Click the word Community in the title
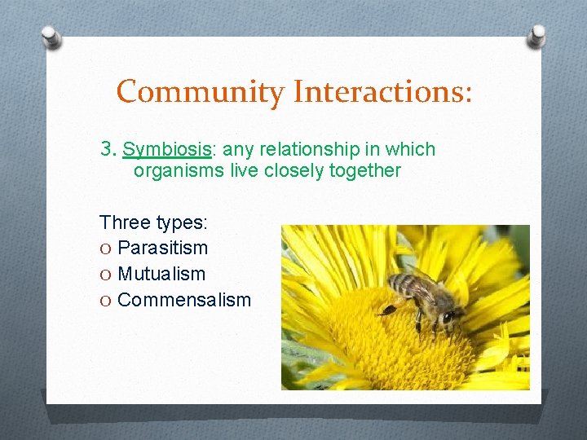click(201, 91)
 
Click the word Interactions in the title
click(382, 91)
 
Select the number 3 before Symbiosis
click(107, 150)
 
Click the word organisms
click(176, 171)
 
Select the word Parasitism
click(162, 248)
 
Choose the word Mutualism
click(161, 274)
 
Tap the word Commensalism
click(184, 300)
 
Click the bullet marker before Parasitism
click(106, 248)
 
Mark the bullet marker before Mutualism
click(106, 274)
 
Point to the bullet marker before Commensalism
click(106, 300)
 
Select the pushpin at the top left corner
click(51, 36)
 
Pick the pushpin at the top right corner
click(536, 36)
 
